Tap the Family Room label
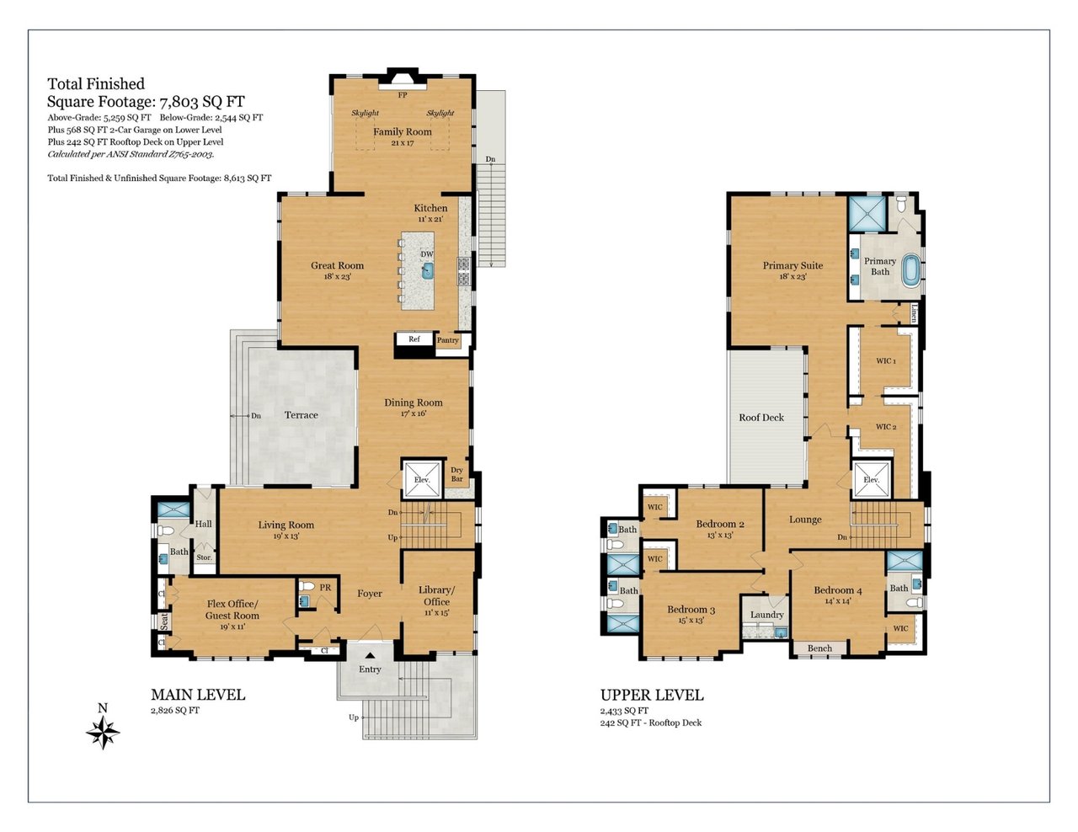click(403, 132)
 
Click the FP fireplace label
click(403, 94)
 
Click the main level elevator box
click(421, 479)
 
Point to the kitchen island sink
click(427, 271)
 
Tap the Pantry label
click(447, 340)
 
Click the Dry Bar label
click(457, 474)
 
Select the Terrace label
click(302, 415)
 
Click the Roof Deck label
click(761, 418)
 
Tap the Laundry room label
click(767, 615)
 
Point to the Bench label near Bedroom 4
click(819, 648)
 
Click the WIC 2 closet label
click(886, 426)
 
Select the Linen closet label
click(914, 313)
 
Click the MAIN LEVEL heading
click(198, 695)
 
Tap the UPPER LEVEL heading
click(652, 695)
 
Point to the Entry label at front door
click(370, 669)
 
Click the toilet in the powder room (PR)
click(306, 587)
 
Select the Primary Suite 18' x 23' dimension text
click(792, 277)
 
